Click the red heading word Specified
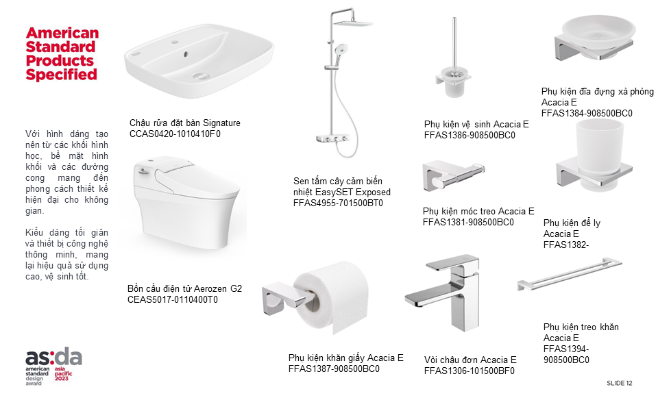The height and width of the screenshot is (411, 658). [x=61, y=75]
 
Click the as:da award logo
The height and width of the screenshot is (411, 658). [x=53, y=366]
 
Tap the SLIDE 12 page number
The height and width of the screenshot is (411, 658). [x=619, y=383]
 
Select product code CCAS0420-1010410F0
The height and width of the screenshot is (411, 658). [x=175, y=134]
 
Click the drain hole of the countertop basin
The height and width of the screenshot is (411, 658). [x=201, y=76]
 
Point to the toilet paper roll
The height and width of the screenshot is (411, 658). [x=332, y=297]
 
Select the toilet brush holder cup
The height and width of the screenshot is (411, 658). [x=454, y=86]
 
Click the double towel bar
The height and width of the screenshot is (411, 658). [x=570, y=273]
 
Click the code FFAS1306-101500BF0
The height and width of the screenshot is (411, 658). [x=469, y=371]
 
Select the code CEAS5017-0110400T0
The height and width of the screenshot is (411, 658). [x=173, y=299]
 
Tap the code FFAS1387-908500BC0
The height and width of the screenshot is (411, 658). [x=334, y=369]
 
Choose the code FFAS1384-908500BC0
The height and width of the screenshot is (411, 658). [x=587, y=113]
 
